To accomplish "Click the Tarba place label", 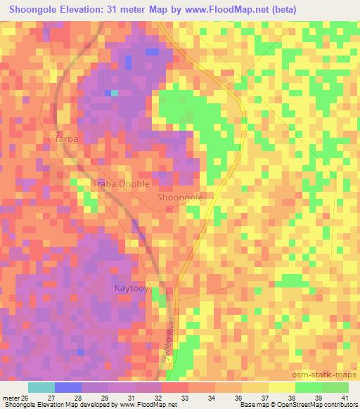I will click(x=66, y=139).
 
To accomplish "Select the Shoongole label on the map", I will click(x=180, y=197).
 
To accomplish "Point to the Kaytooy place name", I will click(x=131, y=288).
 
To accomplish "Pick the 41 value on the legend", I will click(x=345, y=397).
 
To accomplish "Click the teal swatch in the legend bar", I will click(x=41, y=387).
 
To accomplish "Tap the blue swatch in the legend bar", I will click(x=68, y=387).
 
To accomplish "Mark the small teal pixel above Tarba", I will click(x=113, y=92).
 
